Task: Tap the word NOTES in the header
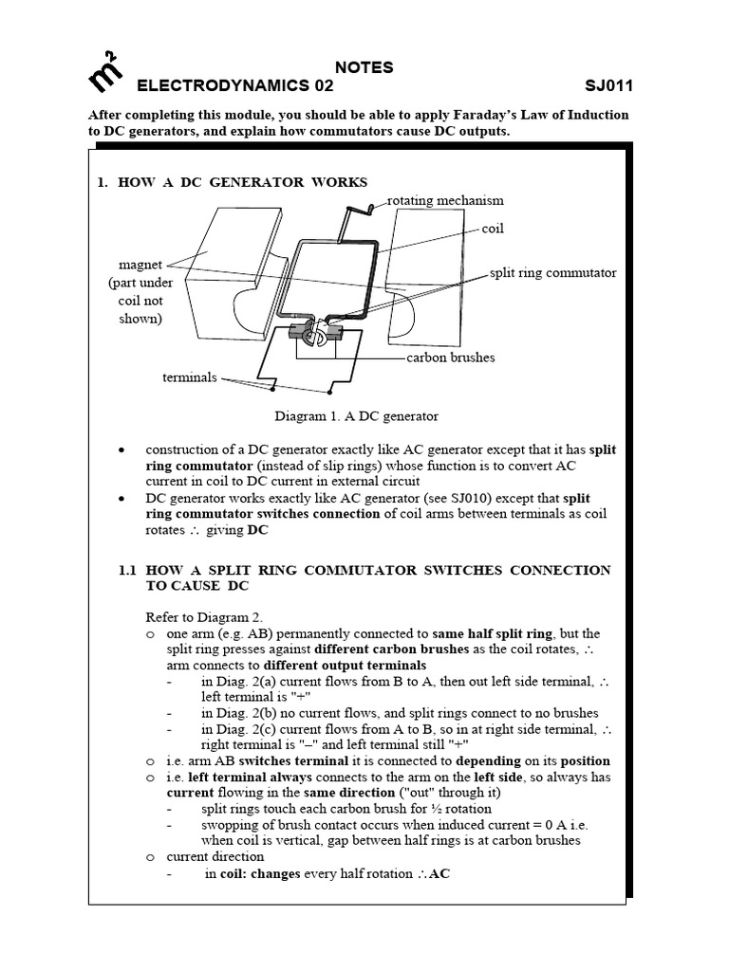(x=364, y=67)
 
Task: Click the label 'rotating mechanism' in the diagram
(x=446, y=200)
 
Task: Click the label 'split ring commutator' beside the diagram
(x=552, y=273)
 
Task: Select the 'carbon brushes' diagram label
(x=451, y=357)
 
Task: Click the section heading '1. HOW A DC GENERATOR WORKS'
(x=232, y=182)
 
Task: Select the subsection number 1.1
(x=128, y=570)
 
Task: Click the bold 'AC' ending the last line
(x=439, y=873)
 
